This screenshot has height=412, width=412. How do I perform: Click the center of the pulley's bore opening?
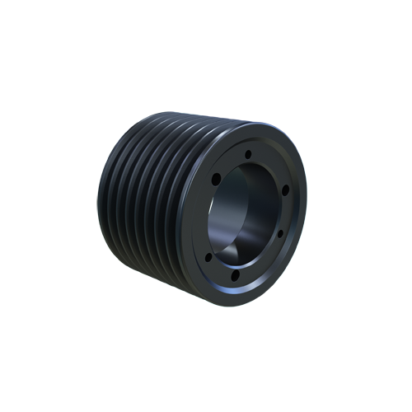[x=246, y=210]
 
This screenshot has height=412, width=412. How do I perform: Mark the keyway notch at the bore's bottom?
[x=246, y=247]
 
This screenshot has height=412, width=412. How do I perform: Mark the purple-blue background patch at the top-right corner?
[x=297, y=119]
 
